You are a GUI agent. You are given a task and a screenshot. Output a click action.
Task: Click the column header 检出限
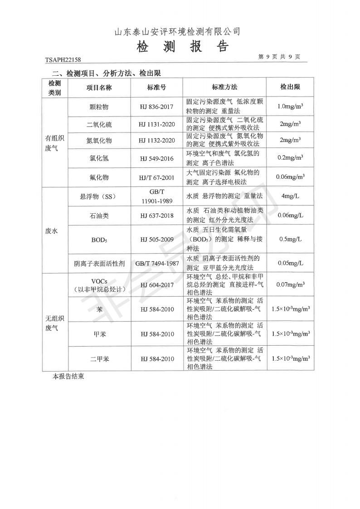[290, 87]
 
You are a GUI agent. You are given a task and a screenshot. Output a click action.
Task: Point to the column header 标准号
[156, 87]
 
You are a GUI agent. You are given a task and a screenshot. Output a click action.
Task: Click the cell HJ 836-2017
[157, 107]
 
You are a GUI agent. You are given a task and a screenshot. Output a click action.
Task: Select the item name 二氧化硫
[99, 124]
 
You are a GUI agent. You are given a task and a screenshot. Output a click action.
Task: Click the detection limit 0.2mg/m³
[290, 158]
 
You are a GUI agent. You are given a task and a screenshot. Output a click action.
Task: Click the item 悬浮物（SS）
[98, 196]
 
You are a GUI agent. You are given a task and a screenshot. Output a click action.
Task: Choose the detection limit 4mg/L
[290, 196]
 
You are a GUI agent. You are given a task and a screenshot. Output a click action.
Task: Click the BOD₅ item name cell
[99, 239]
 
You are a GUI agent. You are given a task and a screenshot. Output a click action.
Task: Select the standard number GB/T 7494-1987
[157, 263]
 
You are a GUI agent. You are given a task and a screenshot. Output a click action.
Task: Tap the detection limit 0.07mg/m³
[290, 284]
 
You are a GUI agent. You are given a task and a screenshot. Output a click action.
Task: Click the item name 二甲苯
[99, 358]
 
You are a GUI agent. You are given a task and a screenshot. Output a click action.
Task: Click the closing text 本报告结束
[68, 376]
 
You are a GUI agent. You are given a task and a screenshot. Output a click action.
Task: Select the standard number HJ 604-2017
[157, 284]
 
